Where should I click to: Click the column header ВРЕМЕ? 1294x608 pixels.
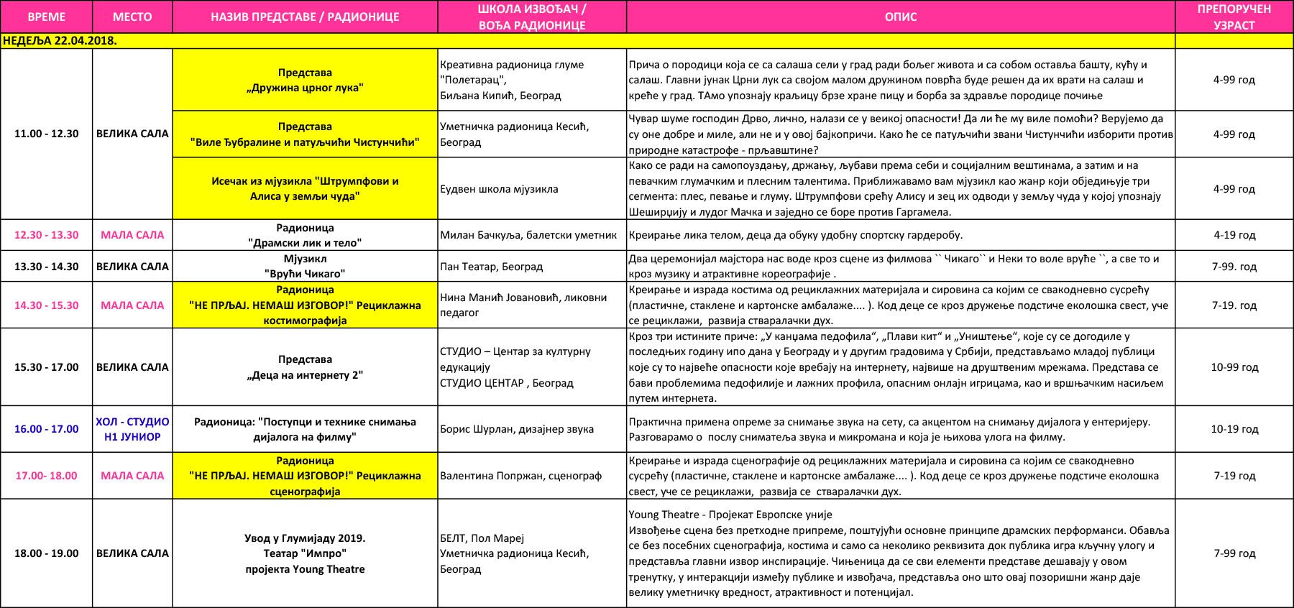pyautogui.click(x=46, y=17)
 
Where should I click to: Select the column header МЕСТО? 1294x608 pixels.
pyautogui.click(x=132, y=17)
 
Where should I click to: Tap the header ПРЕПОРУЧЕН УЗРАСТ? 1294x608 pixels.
pyautogui.click(x=1234, y=17)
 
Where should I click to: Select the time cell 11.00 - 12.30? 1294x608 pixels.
pyautogui.click(x=46, y=134)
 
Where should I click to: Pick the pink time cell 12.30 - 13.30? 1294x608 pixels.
pyautogui.click(x=46, y=235)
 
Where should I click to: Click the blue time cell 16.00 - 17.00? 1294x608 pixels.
pyautogui.click(x=46, y=429)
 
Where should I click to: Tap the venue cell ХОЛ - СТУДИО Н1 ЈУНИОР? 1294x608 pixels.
pyautogui.click(x=132, y=429)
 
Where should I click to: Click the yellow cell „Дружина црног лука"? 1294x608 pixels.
pyautogui.click(x=305, y=80)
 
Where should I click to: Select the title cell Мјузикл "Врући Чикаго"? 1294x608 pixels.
pyautogui.click(x=305, y=266)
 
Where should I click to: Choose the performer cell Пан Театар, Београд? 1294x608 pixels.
pyautogui.click(x=492, y=267)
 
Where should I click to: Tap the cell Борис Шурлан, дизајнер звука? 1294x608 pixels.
pyautogui.click(x=517, y=429)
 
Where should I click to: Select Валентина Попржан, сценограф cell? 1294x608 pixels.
pyautogui.click(x=520, y=476)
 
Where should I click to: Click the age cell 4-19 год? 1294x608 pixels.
pyautogui.click(x=1234, y=235)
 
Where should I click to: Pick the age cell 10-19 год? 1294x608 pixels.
pyautogui.click(x=1234, y=429)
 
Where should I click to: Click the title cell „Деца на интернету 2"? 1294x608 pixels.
pyautogui.click(x=305, y=367)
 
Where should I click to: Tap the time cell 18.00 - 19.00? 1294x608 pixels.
pyautogui.click(x=46, y=553)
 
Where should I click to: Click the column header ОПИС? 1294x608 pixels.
pyautogui.click(x=900, y=17)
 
